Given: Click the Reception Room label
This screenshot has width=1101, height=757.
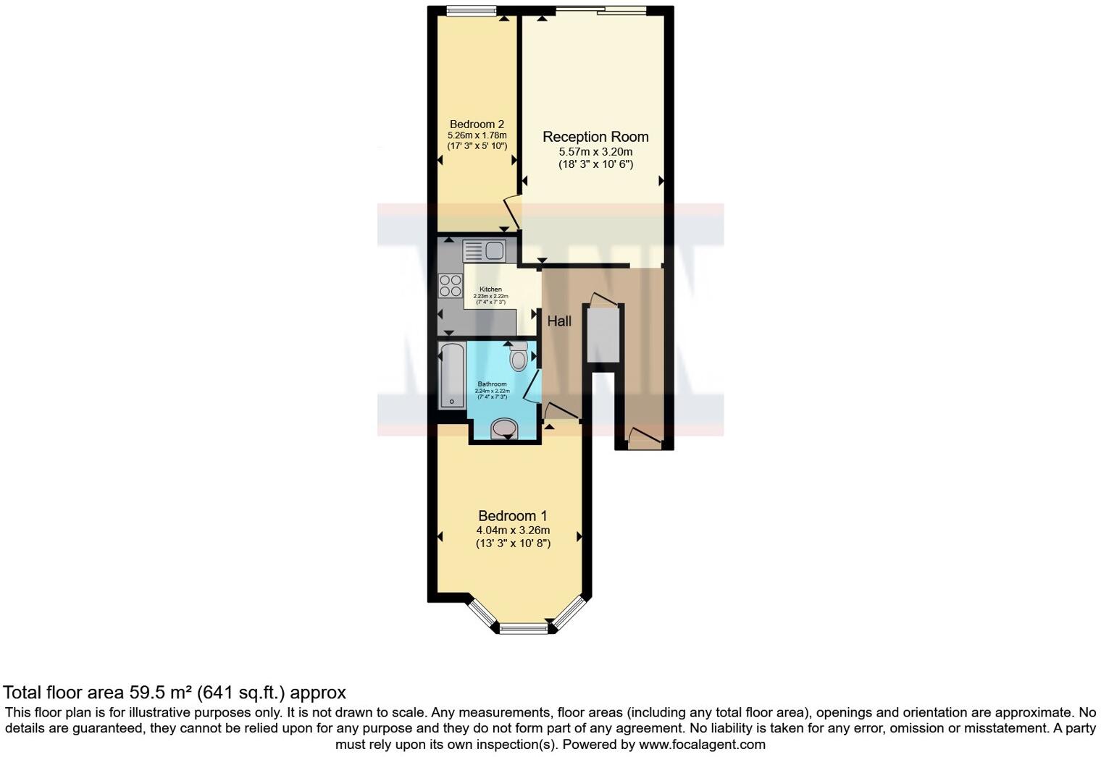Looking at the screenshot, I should point(595,137).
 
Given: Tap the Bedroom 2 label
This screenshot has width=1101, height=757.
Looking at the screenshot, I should point(477,124).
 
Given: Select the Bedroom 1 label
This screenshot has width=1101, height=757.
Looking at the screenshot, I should point(513,516).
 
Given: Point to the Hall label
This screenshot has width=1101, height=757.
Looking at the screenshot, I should point(559,321).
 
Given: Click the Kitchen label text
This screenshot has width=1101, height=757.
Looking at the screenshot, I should point(490,289).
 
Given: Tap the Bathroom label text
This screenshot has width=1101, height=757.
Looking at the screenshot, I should point(492,384).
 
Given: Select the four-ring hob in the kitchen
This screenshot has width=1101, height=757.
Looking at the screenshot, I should point(451,284).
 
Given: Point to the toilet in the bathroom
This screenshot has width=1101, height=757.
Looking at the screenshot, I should point(519,357).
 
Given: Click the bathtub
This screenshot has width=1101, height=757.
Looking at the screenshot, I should point(453,376).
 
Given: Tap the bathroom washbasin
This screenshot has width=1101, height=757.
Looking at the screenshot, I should point(504,429).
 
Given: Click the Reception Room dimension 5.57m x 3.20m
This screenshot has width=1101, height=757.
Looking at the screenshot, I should point(595,152).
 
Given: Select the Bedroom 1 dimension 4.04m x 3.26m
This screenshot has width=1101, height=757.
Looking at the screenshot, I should point(513,530).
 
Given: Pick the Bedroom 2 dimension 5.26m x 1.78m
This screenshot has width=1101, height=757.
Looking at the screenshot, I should point(477,135).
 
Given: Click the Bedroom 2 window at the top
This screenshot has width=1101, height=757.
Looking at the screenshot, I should point(471,10).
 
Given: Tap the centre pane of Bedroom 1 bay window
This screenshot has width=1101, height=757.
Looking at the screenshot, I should point(524,629).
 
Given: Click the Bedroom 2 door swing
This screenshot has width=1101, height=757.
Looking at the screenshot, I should point(511,211).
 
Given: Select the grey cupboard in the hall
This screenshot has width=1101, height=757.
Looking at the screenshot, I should point(603,334).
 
